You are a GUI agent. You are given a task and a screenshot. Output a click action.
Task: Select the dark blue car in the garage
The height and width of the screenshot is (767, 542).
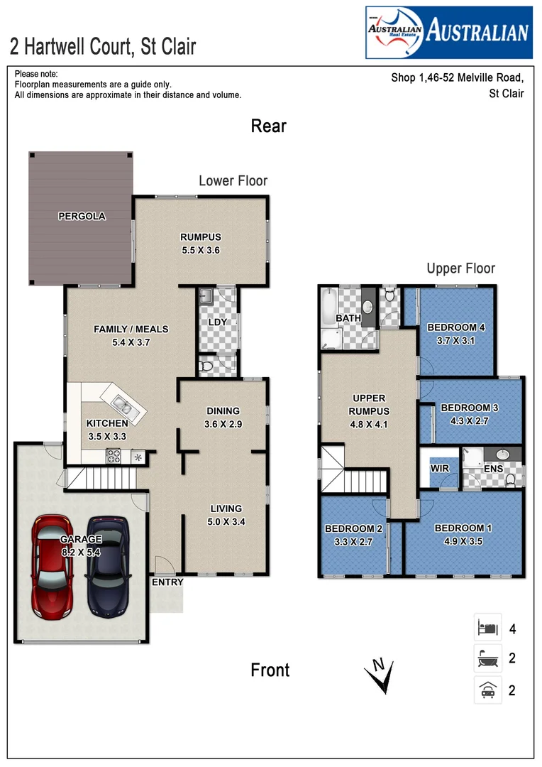pos(107,566)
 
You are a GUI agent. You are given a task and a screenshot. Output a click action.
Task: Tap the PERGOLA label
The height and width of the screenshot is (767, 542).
pos(82,216)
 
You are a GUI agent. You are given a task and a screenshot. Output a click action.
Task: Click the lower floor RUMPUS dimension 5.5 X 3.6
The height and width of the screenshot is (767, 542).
pos(201,250)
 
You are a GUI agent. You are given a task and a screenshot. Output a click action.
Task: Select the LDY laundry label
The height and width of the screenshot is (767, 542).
pos(217,322)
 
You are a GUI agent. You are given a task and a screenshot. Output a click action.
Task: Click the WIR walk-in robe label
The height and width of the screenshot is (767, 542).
pos(440,469)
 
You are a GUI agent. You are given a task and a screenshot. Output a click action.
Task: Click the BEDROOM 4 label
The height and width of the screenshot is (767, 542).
pos(456,327)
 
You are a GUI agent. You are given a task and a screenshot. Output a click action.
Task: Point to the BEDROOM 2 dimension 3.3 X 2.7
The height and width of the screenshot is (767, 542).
pos(353,541)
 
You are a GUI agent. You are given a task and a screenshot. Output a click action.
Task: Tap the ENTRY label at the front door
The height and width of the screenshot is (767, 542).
pos(167,582)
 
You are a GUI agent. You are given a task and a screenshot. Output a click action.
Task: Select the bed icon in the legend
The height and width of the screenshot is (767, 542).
pos(487,628)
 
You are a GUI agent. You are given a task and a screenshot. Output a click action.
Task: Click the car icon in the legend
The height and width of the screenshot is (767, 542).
pos(487,690)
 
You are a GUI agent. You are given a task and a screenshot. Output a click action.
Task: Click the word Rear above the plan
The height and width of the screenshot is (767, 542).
pos(269,126)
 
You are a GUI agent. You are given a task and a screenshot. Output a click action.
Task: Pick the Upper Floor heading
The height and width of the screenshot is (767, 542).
pos(460,268)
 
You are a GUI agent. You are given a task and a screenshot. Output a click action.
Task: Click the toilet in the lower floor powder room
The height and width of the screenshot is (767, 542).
pos(206,366)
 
